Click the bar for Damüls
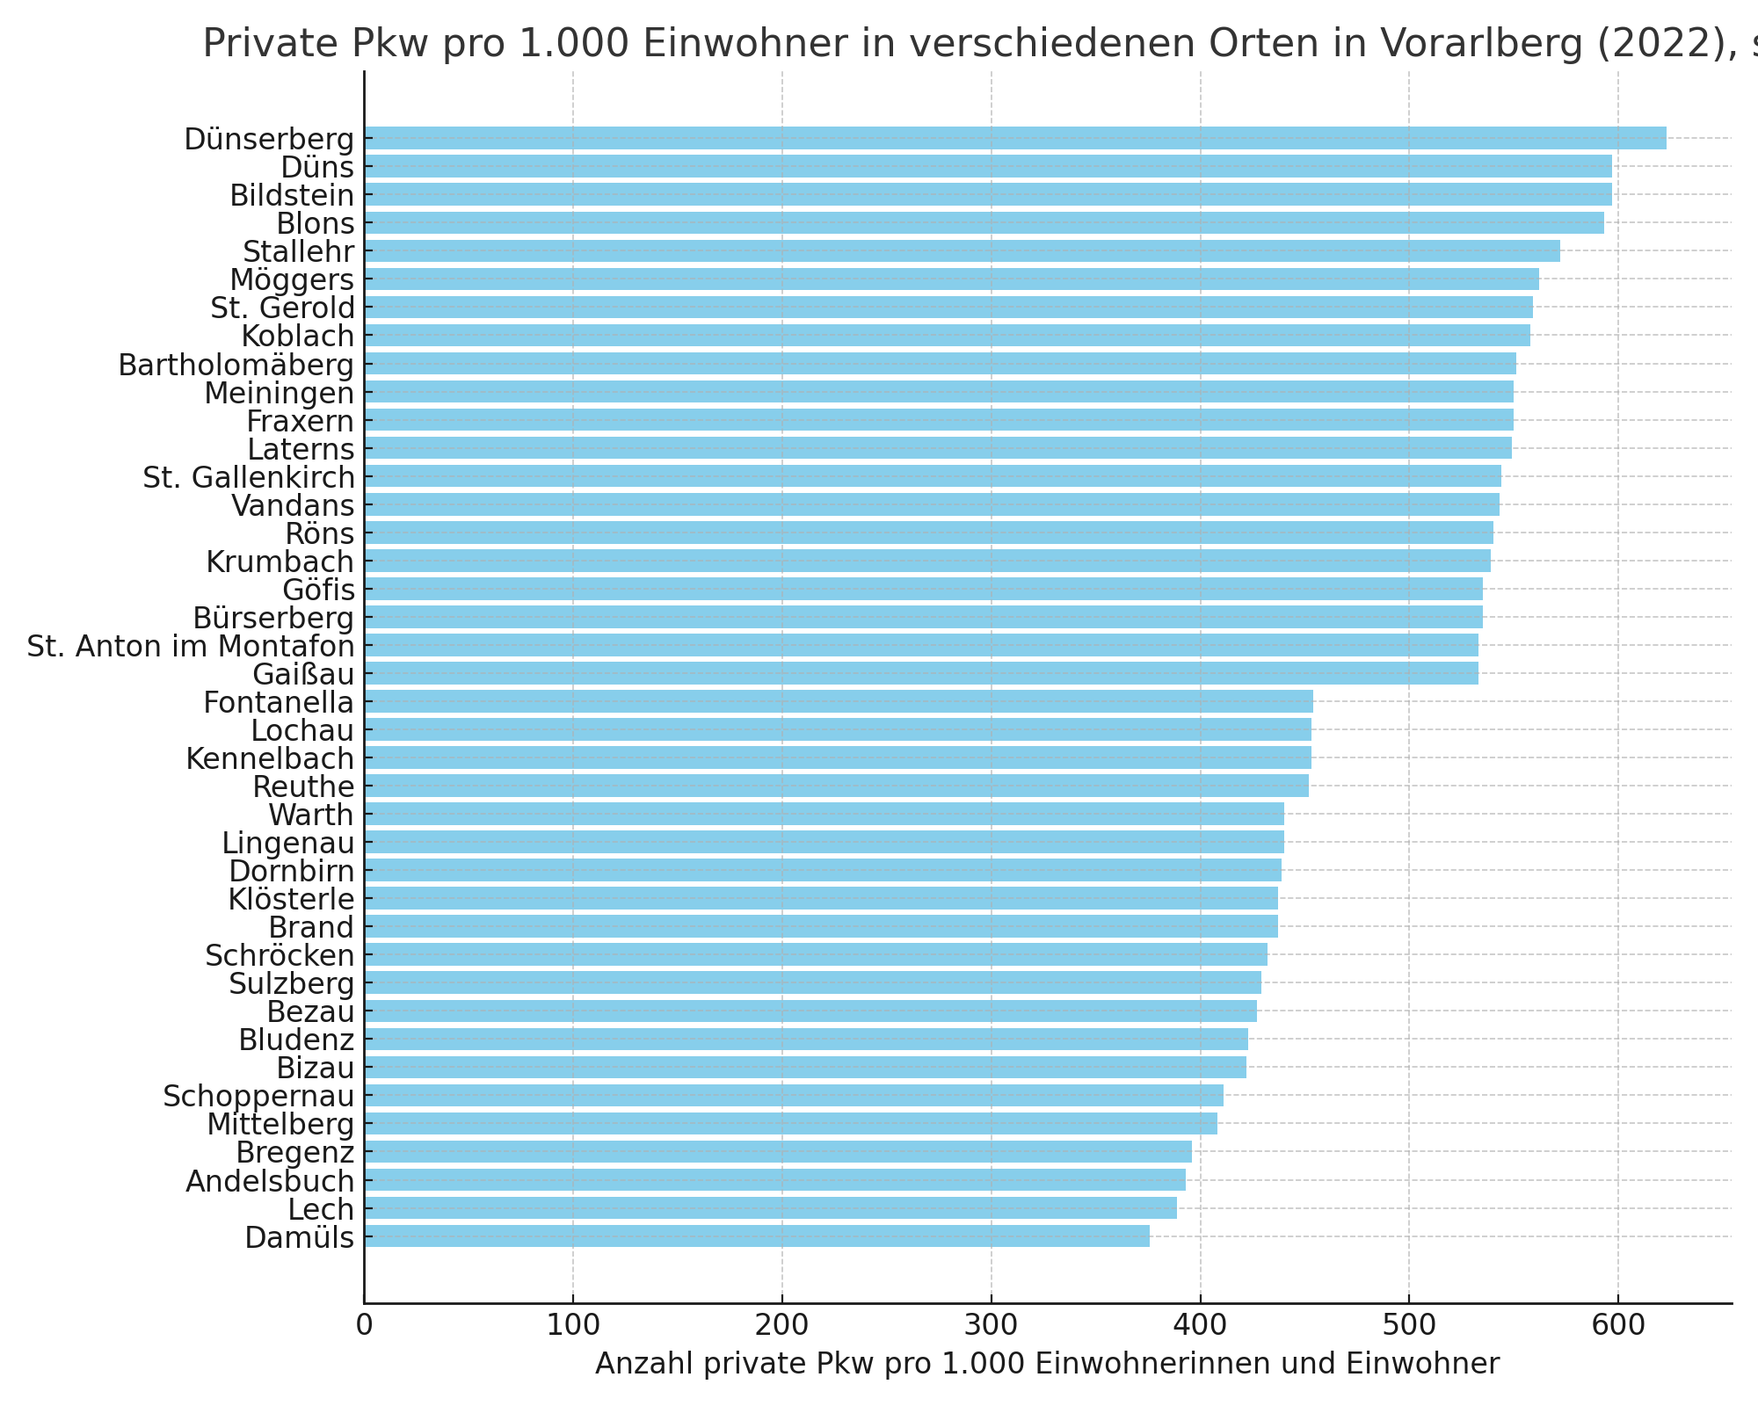coord(757,1236)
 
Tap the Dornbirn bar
coord(823,871)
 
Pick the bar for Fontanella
coord(839,701)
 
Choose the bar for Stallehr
coord(962,250)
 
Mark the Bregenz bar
coord(778,1151)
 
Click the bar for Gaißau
coord(921,673)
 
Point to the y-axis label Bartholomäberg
coord(236,365)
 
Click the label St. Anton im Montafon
coord(191,647)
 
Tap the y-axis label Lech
coord(321,1209)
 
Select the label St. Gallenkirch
coord(249,477)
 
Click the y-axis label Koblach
coord(297,336)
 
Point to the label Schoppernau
coord(258,1096)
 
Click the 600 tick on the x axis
coord(1617,1324)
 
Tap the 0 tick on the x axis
coord(364,1324)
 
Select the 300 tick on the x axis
coord(991,1324)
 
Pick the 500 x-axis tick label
coord(1409,1324)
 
